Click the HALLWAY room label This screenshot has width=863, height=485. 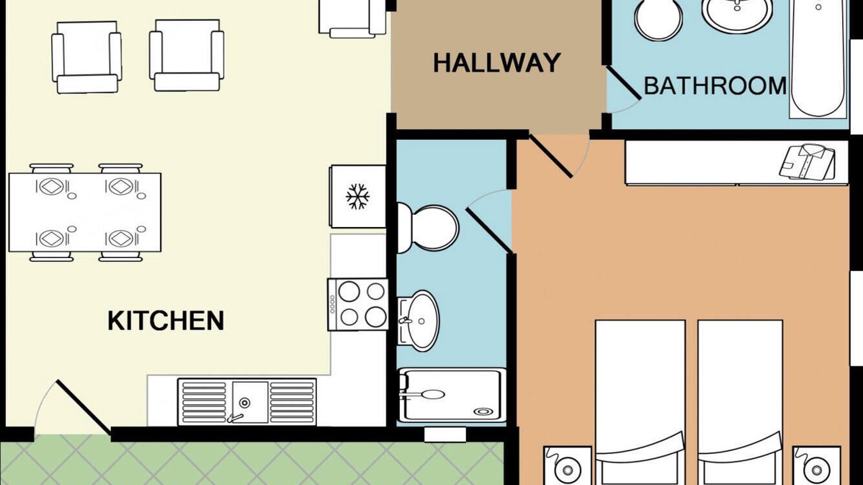click(x=497, y=63)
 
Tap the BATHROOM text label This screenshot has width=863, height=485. click(x=715, y=86)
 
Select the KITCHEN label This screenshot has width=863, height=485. click(x=166, y=320)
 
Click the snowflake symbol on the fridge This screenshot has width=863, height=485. click(x=357, y=196)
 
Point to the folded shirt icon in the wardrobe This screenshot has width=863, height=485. click(x=808, y=162)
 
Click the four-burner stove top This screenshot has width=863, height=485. click(x=358, y=304)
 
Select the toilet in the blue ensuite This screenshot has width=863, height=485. click(x=427, y=228)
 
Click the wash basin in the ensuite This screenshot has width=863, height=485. click(x=419, y=321)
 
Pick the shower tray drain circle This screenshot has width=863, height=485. click(x=483, y=412)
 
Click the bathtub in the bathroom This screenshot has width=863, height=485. click(x=818, y=58)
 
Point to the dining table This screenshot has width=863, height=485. click(x=85, y=212)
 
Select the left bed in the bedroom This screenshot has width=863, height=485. click(x=641, y=402)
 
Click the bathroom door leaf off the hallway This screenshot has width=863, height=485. click(x=624, y=83)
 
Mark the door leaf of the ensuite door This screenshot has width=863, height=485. click(x=489, y=230)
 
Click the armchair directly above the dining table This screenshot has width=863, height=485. click(x=87, y=57)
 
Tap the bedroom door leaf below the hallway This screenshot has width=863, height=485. click(x=551, y=156)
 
